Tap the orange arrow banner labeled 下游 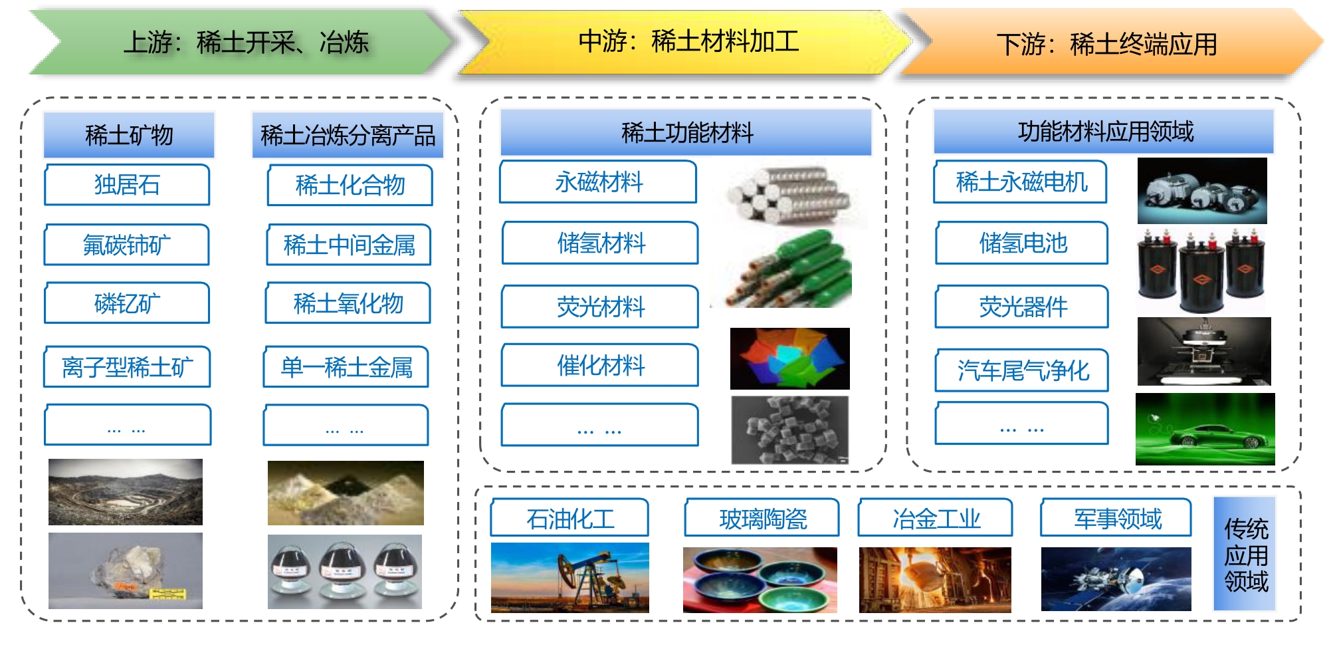[1110, 43]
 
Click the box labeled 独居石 [127, 185]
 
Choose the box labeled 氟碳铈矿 [127, 245]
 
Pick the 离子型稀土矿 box [127, 366]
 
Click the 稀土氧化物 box [348, 303]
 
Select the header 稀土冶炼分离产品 [348, 135]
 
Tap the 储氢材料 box [601, 243]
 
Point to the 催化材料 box [601, 365]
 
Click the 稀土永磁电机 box [1021, 182]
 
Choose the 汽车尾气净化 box [1022, 370]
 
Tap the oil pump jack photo [569, 577]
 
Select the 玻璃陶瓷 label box [762, 518]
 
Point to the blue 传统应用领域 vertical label [1245, 554]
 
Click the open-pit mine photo [126, 492]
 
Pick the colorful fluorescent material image [789, 358]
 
